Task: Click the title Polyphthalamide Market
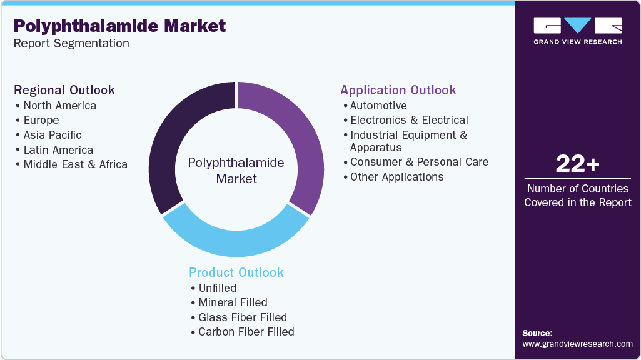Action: point(120,26)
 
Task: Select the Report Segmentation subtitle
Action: point(71,44)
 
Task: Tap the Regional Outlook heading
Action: point(64,90)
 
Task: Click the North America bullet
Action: point(59,106)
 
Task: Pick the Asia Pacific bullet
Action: point(52,135)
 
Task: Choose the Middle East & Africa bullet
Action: point(75,165)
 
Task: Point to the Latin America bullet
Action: point(58,150)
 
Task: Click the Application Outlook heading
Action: point(398,90)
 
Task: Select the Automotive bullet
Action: point(378,106)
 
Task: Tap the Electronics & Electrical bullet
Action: point(409,120)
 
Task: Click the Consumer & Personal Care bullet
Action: point(419,162)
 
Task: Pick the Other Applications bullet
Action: point(396,177)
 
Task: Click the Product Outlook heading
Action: point(236,272)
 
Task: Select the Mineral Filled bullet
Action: point(233,302)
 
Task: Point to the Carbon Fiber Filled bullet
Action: point(246,332)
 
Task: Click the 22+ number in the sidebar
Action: point(578,164)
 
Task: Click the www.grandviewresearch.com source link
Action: point(577,344)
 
